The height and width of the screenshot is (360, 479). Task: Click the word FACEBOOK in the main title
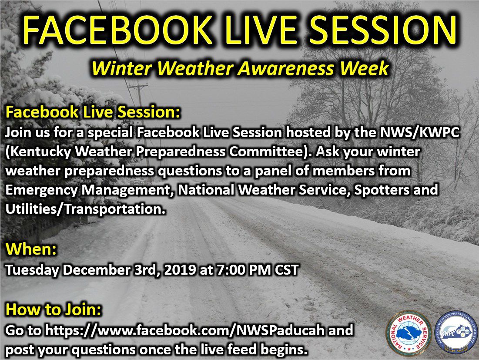click(x=117, y=30)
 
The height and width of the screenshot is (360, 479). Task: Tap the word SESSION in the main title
click(x=385, y=30)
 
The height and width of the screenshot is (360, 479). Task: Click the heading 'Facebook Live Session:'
click(x=93, y=112)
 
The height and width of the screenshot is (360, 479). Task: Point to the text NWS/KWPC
click(x=420, y=133)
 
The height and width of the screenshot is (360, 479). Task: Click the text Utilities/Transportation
click(x=86, y=209)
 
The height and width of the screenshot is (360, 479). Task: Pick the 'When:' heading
click(x=31, y=249)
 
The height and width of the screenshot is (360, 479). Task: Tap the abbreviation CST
click(x=287, y=270)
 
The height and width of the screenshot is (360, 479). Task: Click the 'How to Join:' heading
click(x=54, y=310)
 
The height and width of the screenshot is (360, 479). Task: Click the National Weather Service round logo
click(x=409, y=333)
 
